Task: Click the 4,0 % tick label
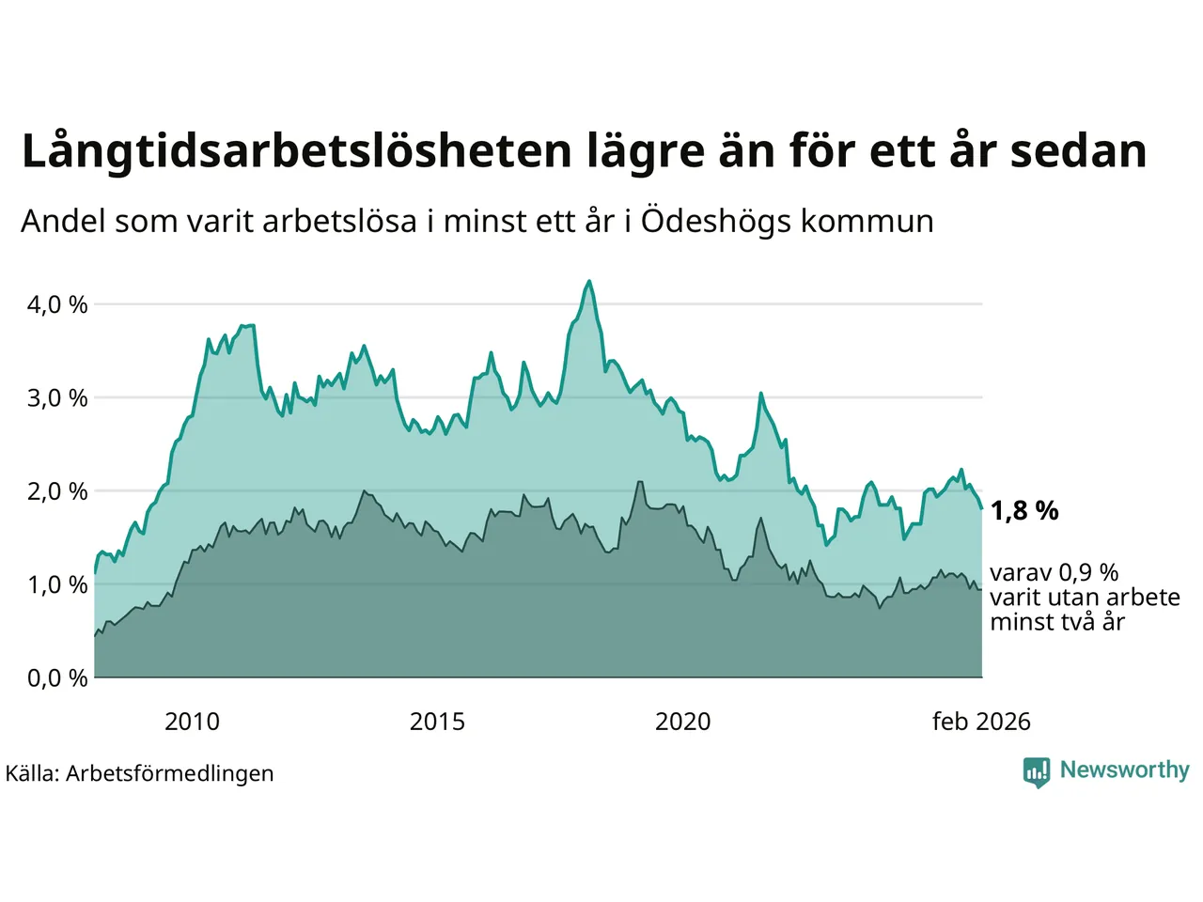57,304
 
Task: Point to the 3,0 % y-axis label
57,397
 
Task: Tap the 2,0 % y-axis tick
57,490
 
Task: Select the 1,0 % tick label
57,584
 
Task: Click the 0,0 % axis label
57,677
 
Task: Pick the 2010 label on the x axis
192,722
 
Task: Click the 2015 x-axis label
437,722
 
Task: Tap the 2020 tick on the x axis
682,722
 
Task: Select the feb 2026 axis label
981,722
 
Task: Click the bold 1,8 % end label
1024,511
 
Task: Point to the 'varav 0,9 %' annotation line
1054,573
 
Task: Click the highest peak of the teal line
589,281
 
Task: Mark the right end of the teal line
982,508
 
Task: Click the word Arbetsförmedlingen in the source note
170,773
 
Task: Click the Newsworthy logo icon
1037,771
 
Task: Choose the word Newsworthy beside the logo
1124,770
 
